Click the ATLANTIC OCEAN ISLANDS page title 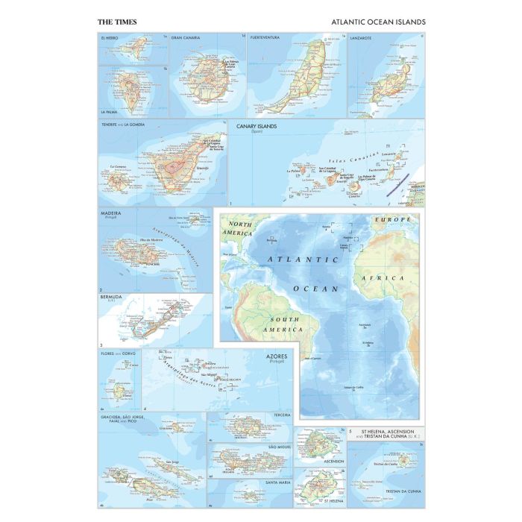[378, 22]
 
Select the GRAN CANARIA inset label [187, 37]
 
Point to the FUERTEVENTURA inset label [269, 37]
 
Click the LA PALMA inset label [110, 111]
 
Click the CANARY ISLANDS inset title [257, 126]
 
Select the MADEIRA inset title [112, 213]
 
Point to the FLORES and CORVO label [117, 353]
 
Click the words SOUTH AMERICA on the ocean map [277, 322]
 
